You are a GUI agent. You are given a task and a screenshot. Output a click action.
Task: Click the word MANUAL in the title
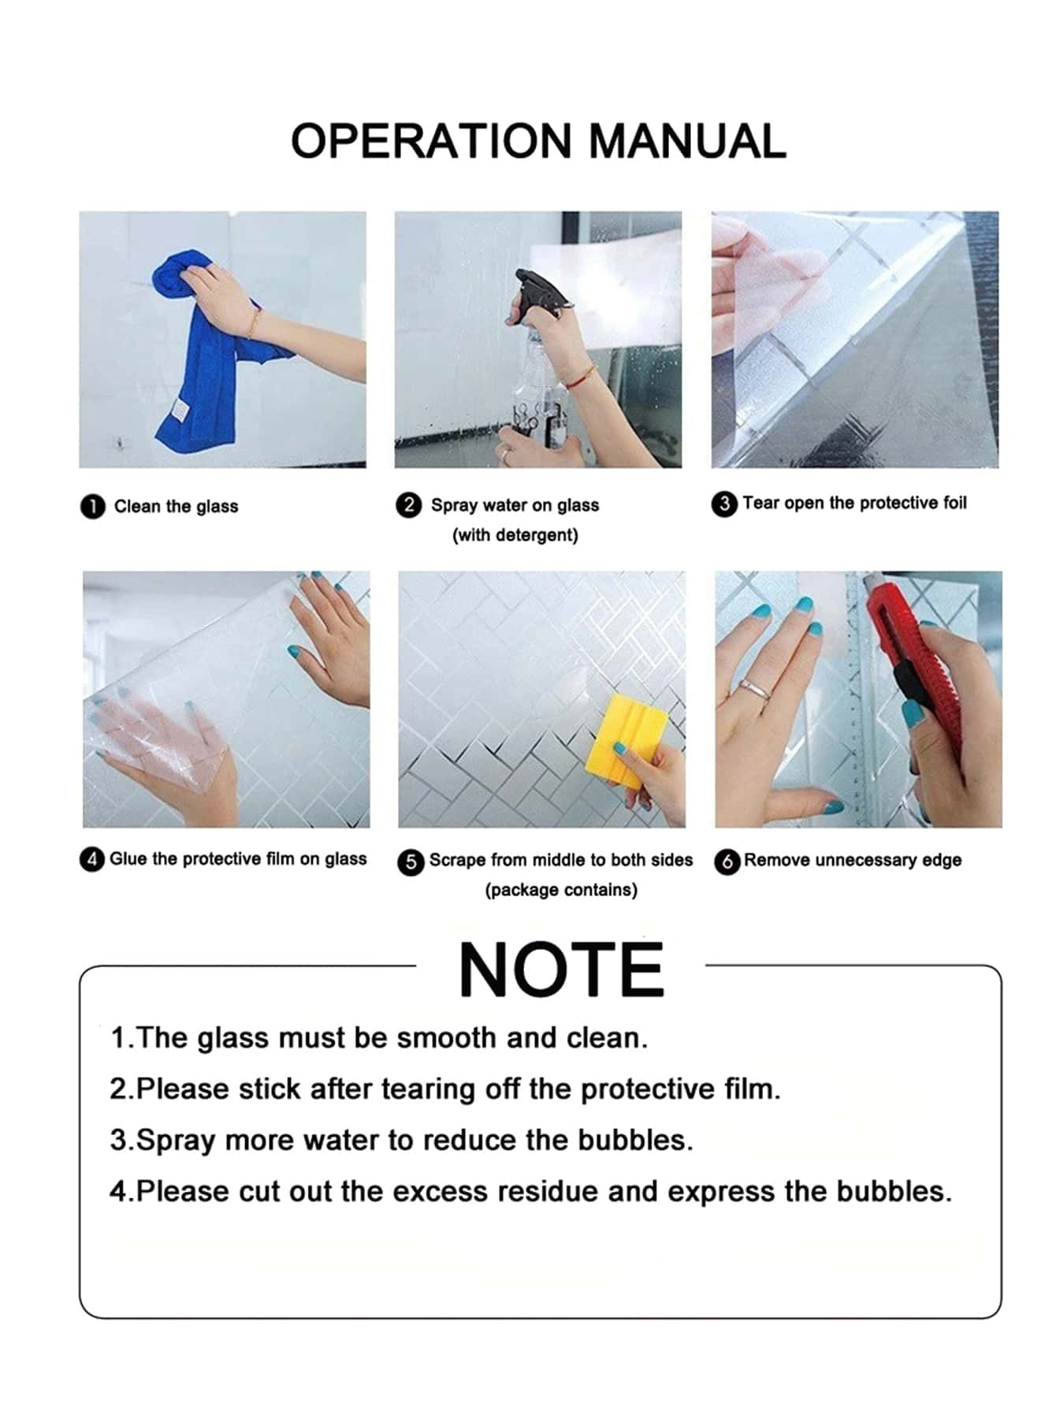tap(687, 142)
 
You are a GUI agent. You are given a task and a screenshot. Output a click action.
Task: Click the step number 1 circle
tap(92, 506)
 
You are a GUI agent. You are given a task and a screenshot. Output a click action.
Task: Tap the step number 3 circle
tap(723, 504)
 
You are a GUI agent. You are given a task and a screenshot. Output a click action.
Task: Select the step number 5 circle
tap(410, 862)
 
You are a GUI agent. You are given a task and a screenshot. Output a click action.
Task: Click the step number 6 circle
tap(727, 862)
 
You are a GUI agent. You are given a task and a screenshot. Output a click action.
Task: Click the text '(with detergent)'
tap(515, 535)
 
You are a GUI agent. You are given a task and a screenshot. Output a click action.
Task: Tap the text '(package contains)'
tap(560, 890)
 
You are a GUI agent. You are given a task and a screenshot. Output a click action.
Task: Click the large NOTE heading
tap(561, 971)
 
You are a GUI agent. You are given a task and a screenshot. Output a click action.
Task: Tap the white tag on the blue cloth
tap(181, 411)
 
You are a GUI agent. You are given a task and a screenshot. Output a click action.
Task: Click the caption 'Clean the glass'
tap(176, 507)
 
